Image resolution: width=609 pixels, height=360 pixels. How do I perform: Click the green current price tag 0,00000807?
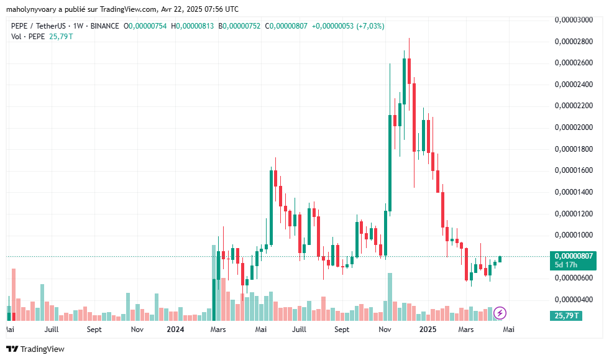pyautogui.click(x=574, y=256)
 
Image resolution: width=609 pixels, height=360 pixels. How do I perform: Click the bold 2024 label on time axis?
pyautogui.click(x=176, y=329)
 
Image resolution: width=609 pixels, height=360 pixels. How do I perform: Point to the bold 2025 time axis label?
pyautogui.click(x=428, y=329)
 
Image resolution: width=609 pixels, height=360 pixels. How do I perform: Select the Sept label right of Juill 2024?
pyautogui.click(x=342, y=329)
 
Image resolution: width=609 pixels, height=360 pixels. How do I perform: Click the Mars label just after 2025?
pyautogui.click(x=466, y=329)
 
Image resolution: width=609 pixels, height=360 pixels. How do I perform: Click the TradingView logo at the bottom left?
pyautogui.click(x=35, y=349)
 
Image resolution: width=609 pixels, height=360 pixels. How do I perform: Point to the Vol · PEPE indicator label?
pyautogui.click(x=29, y=37)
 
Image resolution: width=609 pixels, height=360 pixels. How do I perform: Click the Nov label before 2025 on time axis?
pyautogui.click(x=385, y=329)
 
